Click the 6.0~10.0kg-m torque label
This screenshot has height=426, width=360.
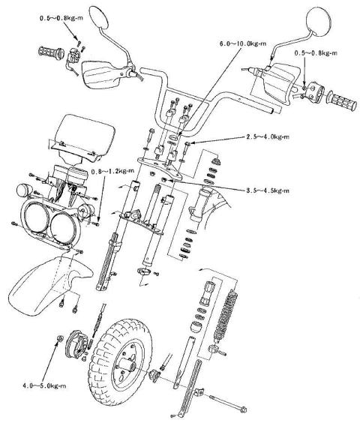(x=243, y=43)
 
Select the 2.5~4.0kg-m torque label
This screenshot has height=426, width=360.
(x=268, y=136)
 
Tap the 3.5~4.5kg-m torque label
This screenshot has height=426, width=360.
(x=268, y=190)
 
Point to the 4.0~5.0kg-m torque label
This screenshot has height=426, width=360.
(x=44, y=385)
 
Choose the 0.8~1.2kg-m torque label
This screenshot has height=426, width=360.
(x=112, y=172)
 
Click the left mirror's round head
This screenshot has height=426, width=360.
(x=99, y=17)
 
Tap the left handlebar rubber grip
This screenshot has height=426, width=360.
(x=51, y=52)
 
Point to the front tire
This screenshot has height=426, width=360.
(x=118, y=364)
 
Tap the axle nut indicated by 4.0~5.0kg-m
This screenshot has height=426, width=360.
(x=59, y=338)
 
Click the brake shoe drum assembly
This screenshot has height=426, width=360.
(x=76, y=343)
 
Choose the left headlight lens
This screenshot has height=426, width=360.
(x=37, y=217)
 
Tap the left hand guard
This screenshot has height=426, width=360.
(x=100, y=74)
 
